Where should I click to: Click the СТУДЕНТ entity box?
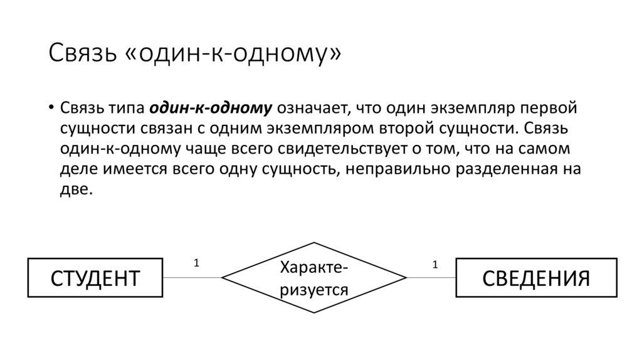click(95, 277)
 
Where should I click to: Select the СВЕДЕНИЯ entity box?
click(536, 277)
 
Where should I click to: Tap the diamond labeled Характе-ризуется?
click(314, 277)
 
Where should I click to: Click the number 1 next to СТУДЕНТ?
click(196, 264)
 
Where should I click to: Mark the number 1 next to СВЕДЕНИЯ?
click(434, 264)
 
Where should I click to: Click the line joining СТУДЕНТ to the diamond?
click(192, 277)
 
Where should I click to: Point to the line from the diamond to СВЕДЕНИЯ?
click(431, 277)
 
